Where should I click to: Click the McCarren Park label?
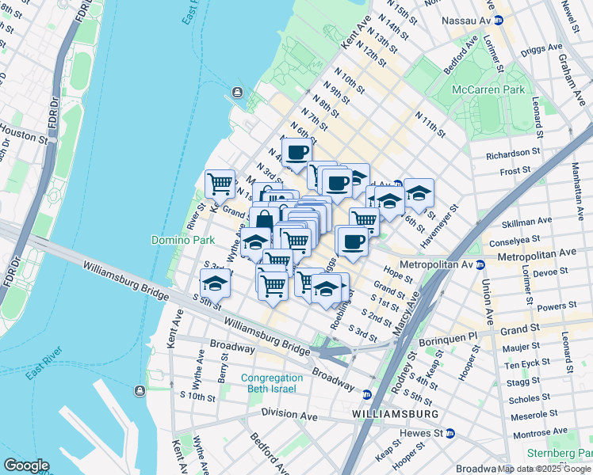(x=488, y=89)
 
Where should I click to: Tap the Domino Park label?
(x=178, y=239)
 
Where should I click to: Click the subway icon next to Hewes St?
(x=450, y=433)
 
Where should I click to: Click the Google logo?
(x=25, y=465)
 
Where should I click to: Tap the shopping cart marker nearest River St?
(x=220, y=184)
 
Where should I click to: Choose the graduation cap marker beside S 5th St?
(x=215, y=283)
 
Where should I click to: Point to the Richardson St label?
(x=513, y=156)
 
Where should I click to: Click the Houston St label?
(x=22, y=135)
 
